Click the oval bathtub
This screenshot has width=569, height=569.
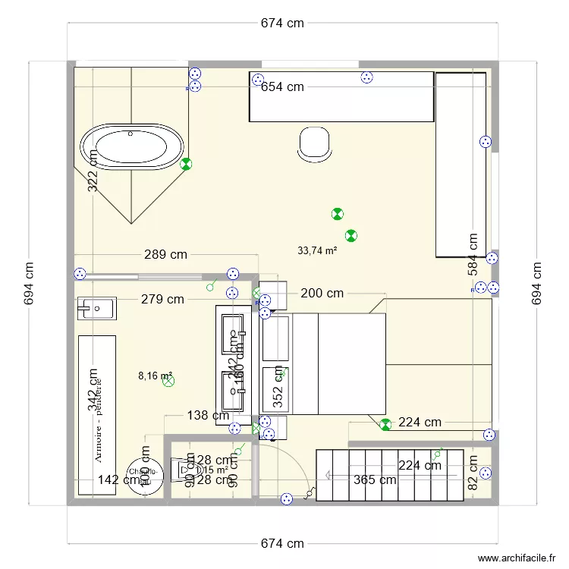tap(132, 146)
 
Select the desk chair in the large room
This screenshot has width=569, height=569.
tap(314, 143)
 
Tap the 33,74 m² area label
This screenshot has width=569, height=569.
tap(317, 250)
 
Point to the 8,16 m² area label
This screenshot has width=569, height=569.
tap(155, 375)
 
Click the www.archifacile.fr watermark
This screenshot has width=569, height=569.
tap(517, 558)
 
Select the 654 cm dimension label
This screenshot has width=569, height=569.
tap(282, 87)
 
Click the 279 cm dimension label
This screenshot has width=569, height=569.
tap(162, 300)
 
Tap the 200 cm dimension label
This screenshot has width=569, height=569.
tap(322, 294)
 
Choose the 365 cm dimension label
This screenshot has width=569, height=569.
tap(374, 479)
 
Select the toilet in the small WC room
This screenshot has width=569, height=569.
tap(184, 470)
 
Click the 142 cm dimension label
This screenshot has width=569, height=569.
tap(118, 479)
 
